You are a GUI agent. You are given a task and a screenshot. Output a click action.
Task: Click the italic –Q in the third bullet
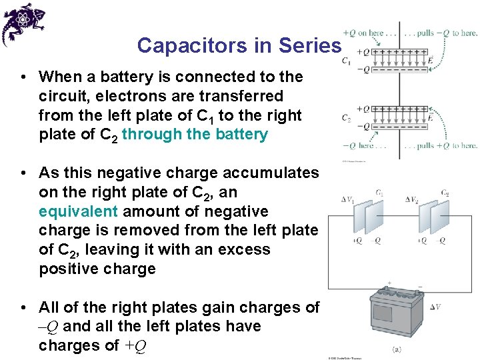point(51,327)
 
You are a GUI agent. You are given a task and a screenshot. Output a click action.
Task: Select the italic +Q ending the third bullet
point(135,346)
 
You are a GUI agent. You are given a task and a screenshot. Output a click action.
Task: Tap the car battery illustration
point(395,314)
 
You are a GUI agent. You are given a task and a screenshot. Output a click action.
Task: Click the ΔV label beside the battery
point(435,307)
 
